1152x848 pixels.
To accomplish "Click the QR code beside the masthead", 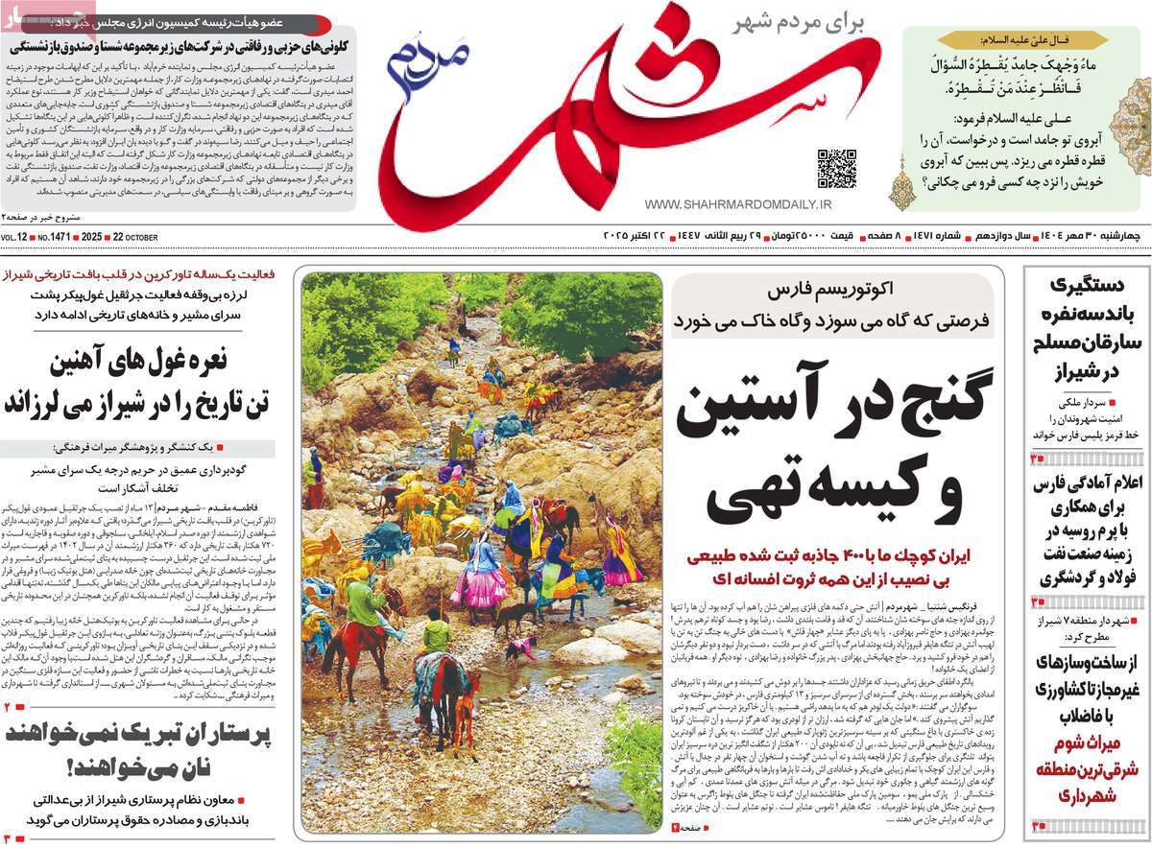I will pos(836,168).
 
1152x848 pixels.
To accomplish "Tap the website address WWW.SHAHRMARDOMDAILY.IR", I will pos(738,205).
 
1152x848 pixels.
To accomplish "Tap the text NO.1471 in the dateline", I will pos(53,237).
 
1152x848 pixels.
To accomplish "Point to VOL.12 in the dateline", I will pos(15,237).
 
